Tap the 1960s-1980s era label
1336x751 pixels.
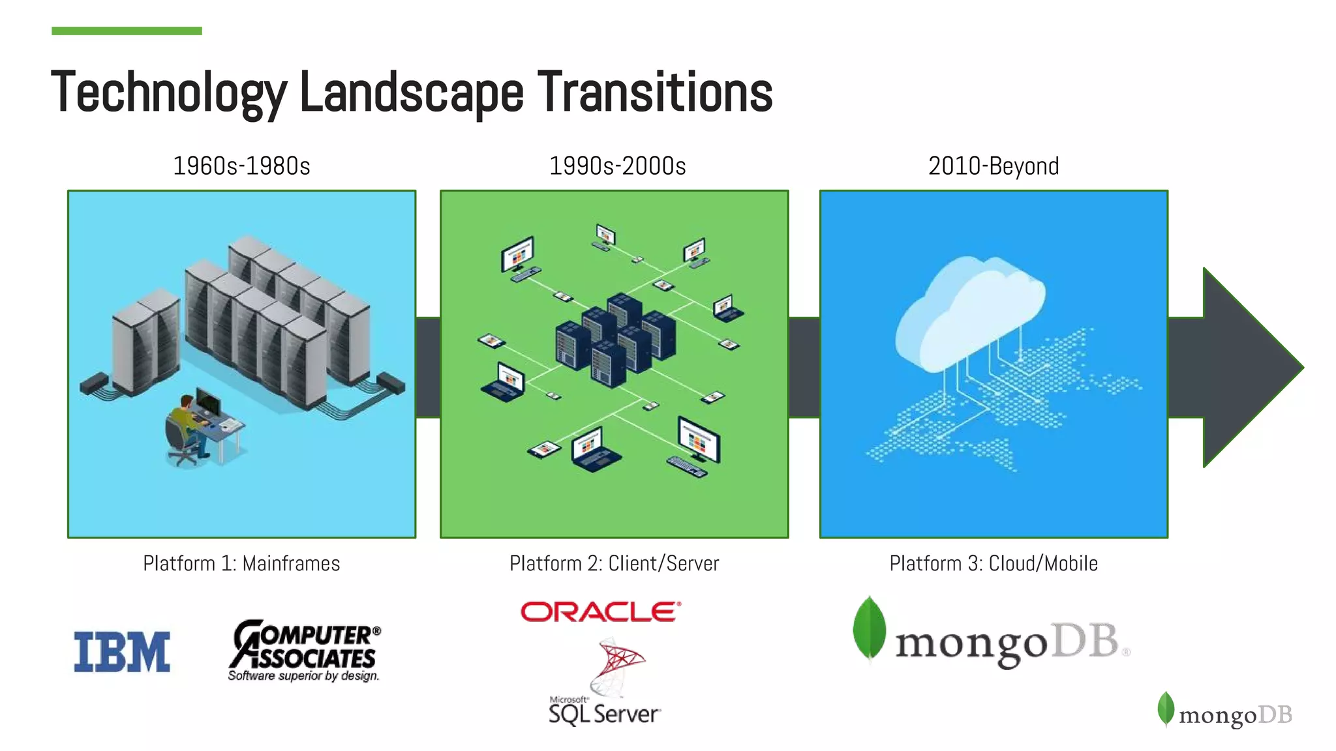point(241,166)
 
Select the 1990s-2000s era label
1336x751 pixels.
point(617,166)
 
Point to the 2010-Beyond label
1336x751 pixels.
point(993,166)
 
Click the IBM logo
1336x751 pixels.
point(122,651)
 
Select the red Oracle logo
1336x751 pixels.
point(600,611)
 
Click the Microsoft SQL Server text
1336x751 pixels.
point(604,712)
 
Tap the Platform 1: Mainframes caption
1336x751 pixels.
point(241,563)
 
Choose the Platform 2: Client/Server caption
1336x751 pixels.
point(614,563)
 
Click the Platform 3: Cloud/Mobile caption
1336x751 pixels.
point(993,563)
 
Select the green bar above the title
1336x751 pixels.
point(127,31)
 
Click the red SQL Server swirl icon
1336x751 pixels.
point(616,665)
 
